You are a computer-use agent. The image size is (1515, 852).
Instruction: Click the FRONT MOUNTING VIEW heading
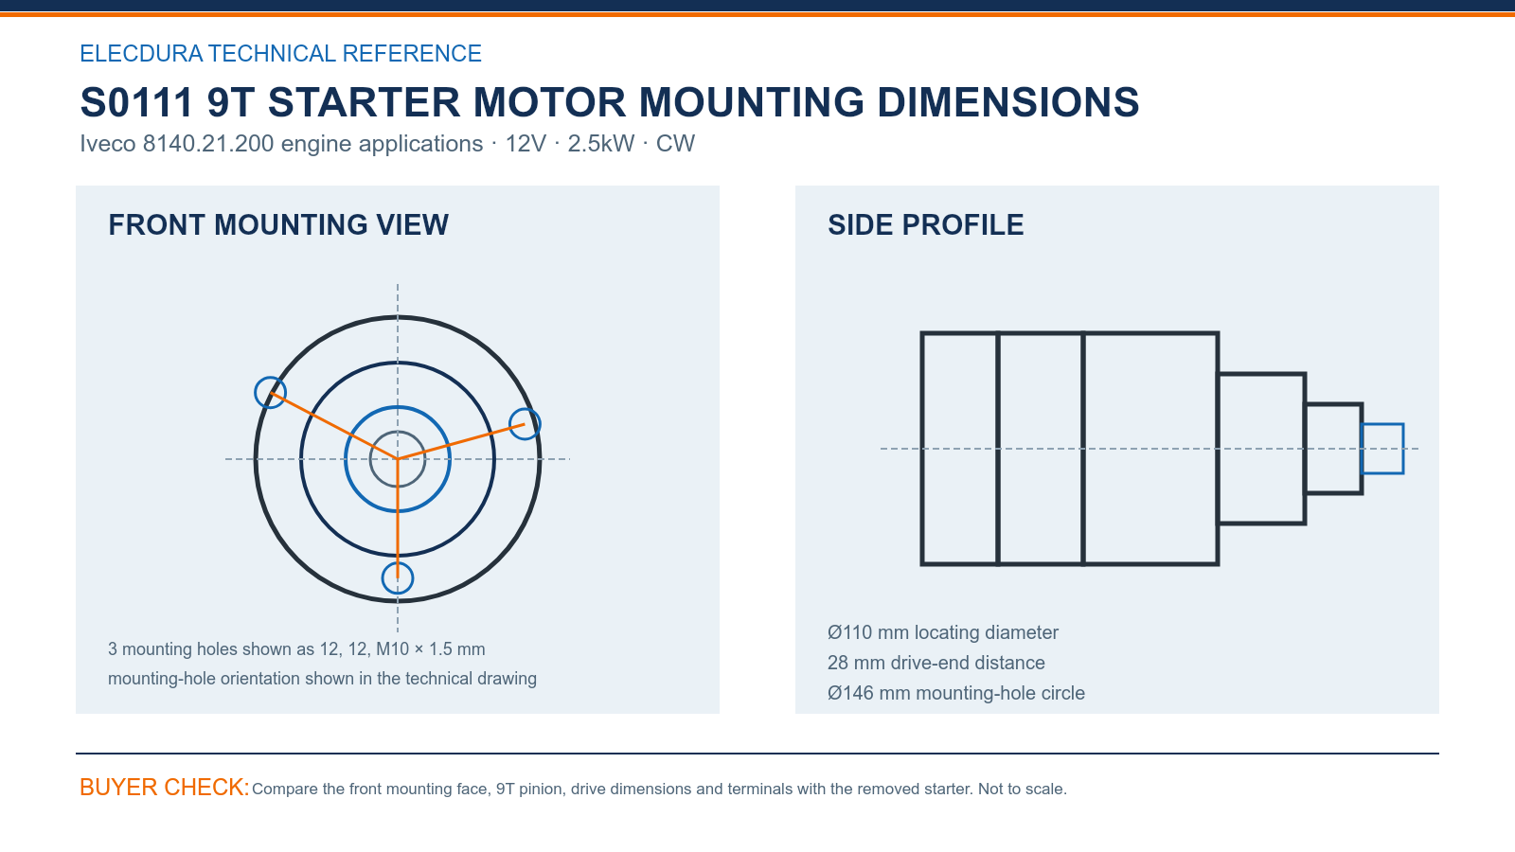278,225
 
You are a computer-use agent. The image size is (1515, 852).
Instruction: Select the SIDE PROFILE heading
925,225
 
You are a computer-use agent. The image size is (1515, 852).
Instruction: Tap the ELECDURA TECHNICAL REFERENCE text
280,53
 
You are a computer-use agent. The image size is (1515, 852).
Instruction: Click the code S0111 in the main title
136,102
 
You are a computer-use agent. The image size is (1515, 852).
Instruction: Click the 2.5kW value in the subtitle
601,143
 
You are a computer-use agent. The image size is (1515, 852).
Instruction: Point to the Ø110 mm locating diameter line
943,632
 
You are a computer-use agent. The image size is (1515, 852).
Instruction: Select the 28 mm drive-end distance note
936,663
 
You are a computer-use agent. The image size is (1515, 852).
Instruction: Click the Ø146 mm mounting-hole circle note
955,693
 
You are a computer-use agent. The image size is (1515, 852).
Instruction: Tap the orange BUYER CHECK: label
165,787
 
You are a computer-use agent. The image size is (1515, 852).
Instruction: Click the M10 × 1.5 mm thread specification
430,649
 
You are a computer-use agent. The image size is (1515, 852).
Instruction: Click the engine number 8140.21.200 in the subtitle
208,143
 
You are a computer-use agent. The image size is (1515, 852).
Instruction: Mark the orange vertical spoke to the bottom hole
398,519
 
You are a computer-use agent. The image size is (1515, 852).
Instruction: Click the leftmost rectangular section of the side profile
922,449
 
